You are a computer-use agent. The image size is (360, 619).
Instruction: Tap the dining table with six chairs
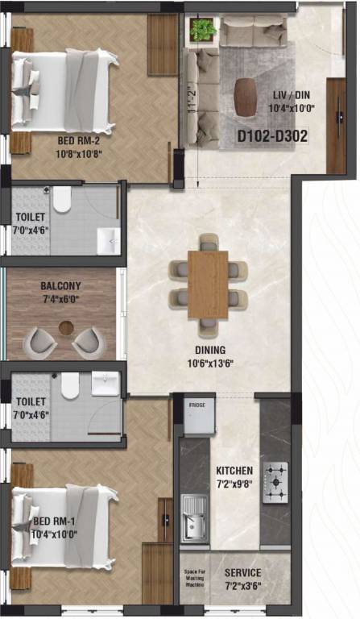(208, 283)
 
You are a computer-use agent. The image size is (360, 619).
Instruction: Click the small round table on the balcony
(66, 329)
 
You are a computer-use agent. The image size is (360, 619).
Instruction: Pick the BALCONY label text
(60, 286)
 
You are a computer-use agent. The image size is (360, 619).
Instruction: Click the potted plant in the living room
(201, 31)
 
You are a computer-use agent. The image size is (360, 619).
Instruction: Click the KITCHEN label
(234, 471)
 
